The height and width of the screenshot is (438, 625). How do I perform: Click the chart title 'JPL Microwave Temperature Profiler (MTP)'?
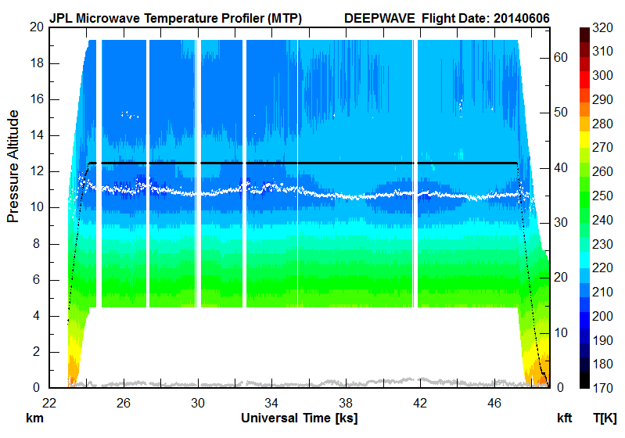(175, 17)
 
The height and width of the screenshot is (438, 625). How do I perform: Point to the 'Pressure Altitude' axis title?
(13, 166)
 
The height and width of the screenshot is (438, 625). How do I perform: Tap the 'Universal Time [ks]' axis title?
(299, 418)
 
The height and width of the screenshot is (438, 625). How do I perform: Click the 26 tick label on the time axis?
(123, 404)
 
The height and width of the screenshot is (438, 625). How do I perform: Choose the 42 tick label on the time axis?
(420, 404)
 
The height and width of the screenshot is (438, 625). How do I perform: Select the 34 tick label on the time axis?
(271, 404)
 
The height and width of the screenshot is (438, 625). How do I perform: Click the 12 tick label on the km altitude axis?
(35, 171)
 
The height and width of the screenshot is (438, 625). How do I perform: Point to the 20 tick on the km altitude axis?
(35, 27)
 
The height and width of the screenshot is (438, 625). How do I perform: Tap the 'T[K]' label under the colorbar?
(605, 418)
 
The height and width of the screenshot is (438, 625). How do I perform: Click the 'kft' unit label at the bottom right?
(565, 418)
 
